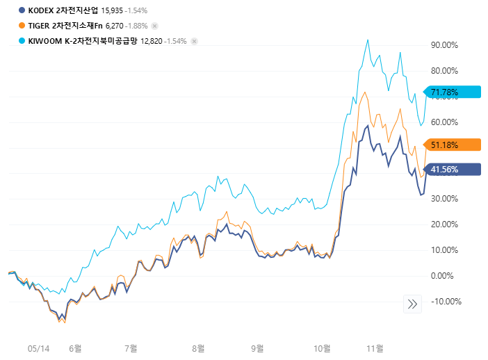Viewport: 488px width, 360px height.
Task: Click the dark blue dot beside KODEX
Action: click(x=22, y=10)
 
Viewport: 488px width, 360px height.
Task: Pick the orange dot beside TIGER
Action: click(x=22, y=26)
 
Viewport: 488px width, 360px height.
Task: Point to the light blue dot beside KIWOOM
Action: click(x=22, y=41)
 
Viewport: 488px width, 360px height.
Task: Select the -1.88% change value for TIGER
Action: click(x=136, y=26)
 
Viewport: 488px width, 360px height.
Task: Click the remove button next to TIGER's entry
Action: click(x=154, y=26)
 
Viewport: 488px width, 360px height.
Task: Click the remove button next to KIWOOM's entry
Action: click(x=195, y=41)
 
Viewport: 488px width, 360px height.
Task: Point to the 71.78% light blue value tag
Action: click(x=448, y=92)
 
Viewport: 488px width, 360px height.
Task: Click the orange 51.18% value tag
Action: click(x=448, y=145)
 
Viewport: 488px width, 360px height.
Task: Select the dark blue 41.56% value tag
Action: click(x=448, y=170)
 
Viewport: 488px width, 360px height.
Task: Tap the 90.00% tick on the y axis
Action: click(x=444, y=45)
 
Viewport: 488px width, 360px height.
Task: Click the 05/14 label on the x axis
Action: click(x=39, y=347)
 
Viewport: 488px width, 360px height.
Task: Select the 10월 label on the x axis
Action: click(x=322, y=347)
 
